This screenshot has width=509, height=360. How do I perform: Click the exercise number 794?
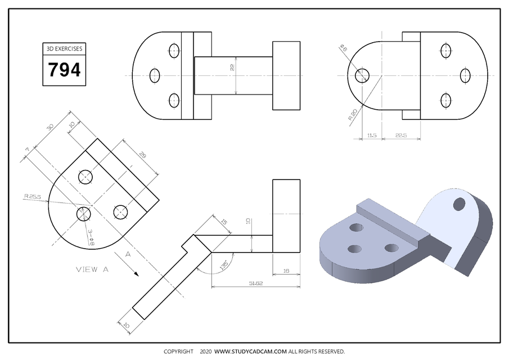[64, 70]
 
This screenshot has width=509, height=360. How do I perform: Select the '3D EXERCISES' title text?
[64, 49]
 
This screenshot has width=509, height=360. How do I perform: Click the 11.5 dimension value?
[371, 136]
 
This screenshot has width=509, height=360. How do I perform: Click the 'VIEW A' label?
[92, 269]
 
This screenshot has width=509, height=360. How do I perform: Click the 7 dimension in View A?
[26, 150]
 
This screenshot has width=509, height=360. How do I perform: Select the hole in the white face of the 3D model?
[459, 202]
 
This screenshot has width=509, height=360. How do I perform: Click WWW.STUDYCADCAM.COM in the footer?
[251, 352]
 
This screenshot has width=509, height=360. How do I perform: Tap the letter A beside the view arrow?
[128, 254]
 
